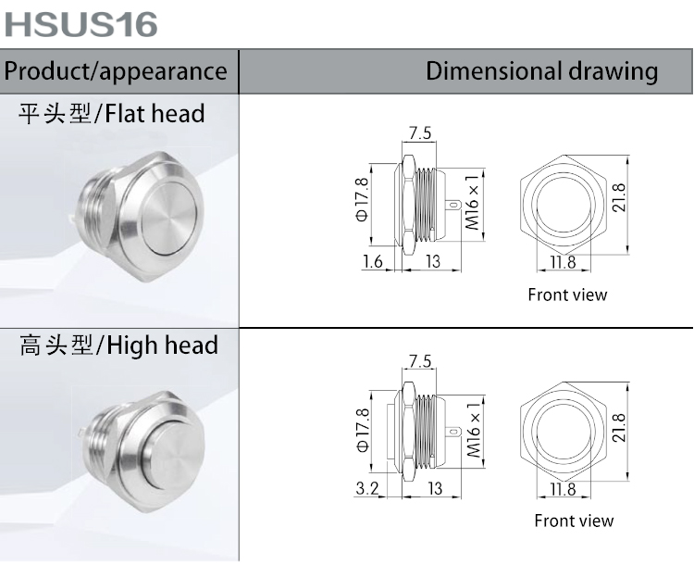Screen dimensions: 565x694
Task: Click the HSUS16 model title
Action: tap(81, 24)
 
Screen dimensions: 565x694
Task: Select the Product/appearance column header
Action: tap(117, 71)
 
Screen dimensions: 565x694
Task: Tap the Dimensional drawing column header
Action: tap(541, 71)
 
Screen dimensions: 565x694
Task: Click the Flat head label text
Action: tap(112, 114)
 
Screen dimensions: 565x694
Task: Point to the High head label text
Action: tap(118, 346)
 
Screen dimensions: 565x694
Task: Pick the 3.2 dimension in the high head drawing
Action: tap(368, 489)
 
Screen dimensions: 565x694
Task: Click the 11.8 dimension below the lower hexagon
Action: tap(562, 489)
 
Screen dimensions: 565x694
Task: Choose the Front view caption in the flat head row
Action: tap(567, 295)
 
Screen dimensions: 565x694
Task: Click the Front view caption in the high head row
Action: tap(574, 521)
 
